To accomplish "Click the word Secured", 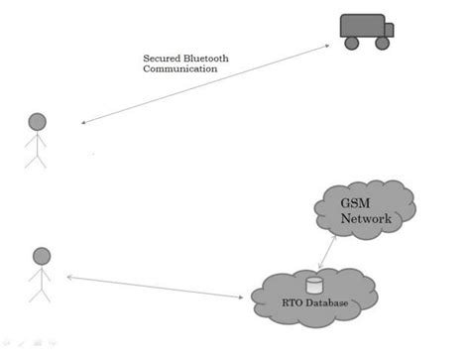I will pos(161,59).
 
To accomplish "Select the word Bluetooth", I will pos(205,59).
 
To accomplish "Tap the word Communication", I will pos(179,70).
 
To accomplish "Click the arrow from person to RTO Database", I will pos(159,287).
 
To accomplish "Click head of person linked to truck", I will pos(38,122).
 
